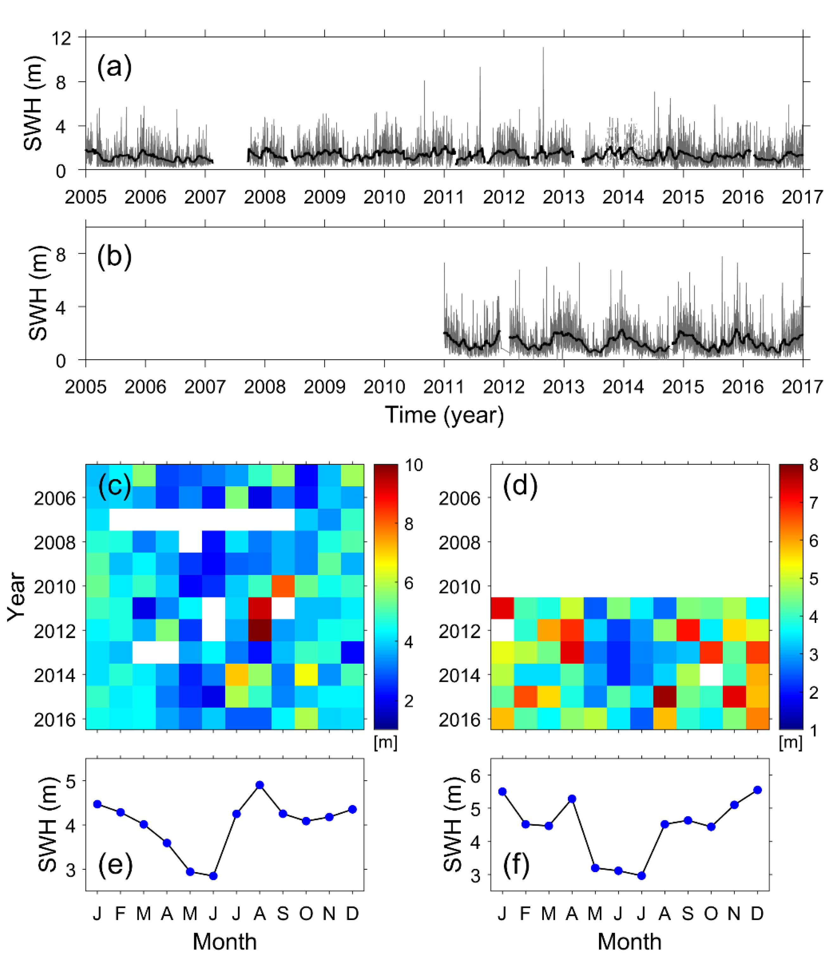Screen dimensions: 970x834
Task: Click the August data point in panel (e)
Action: (260, 785)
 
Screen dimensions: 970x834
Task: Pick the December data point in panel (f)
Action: (758, 790)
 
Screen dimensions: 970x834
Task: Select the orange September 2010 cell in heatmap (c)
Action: (283, 586)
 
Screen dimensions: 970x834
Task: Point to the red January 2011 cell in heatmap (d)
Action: (502, 608)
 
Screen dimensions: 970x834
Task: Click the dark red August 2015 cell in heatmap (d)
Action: (665, 697)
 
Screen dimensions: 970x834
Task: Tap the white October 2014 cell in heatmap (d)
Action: (711, 675)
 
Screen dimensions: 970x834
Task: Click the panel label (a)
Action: (114, 67)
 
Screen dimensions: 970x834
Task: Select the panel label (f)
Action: (516, 864)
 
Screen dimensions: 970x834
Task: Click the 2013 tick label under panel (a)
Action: (563, 197)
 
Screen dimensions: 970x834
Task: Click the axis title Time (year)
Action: (444, 415)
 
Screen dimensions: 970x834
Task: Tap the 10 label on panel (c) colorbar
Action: (414, 465)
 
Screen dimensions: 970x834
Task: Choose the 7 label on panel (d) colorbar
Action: (813, 503)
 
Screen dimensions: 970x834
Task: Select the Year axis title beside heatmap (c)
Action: (16, 597)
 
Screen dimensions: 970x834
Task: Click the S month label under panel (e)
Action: (283, 913)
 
